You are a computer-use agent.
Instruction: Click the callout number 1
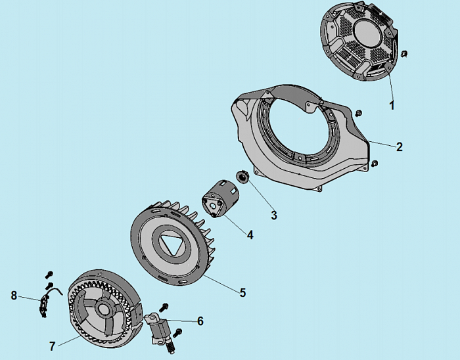click(x=392, y=104)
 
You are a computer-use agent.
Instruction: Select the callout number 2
click(x=399, y=146)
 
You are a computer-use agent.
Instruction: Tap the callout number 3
click(x=274, y=215)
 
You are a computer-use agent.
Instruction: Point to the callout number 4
click(x=250, y=233)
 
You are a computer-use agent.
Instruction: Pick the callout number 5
click(x=242, y=292)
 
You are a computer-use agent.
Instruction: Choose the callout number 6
click(x=200, y=321)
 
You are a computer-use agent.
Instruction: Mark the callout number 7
click(x=52, y=346)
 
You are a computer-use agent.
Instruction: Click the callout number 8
click(x=14, y=296)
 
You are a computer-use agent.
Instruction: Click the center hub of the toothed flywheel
click(x=104, y=308)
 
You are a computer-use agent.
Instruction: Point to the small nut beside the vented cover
click(x=405, y=53)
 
